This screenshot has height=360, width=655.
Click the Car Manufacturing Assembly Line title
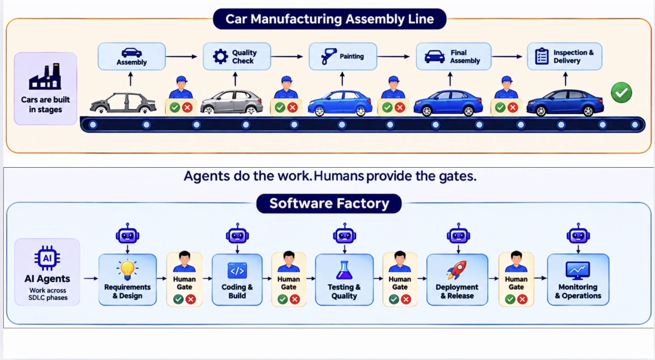click(330, 19)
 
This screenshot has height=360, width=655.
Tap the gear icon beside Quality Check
click(220, 56)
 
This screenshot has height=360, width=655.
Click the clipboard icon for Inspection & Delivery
click(542, 56)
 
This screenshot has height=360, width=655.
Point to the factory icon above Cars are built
click(45, 76)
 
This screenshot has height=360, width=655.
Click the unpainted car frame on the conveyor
click(123, 103)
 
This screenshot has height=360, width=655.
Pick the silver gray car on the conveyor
click(232, 102)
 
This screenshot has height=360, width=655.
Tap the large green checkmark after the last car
click(621, 93)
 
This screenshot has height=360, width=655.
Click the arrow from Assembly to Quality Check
click(181, 56)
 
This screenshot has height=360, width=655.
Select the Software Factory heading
click(329, 203)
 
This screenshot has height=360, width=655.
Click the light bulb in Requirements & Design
click(127, 270)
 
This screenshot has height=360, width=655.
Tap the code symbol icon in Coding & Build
click(237, 270)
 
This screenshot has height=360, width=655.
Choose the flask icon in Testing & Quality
click(344, 270)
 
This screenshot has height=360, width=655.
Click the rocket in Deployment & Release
click(457, 270)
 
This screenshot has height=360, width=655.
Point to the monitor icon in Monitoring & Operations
click(578, 270)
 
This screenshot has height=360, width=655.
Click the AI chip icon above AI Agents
click(47, 258)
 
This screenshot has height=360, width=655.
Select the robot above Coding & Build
click(237, 234)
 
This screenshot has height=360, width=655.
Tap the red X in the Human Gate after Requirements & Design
click(191, 299)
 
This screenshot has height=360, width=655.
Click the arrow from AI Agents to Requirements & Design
click(91, 278)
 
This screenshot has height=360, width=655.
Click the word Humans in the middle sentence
click(339, 176)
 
